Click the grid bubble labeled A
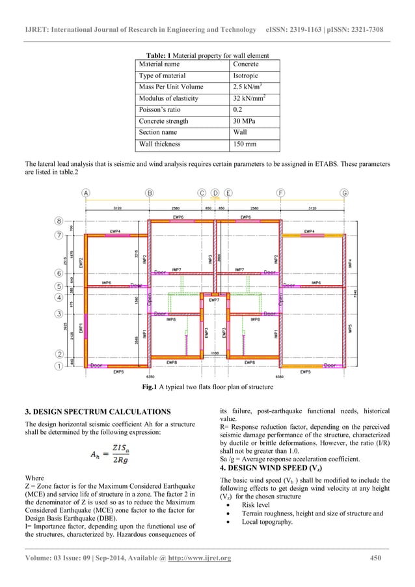point(86,193)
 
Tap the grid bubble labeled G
point(344,193)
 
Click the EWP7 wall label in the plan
point(214,300)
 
